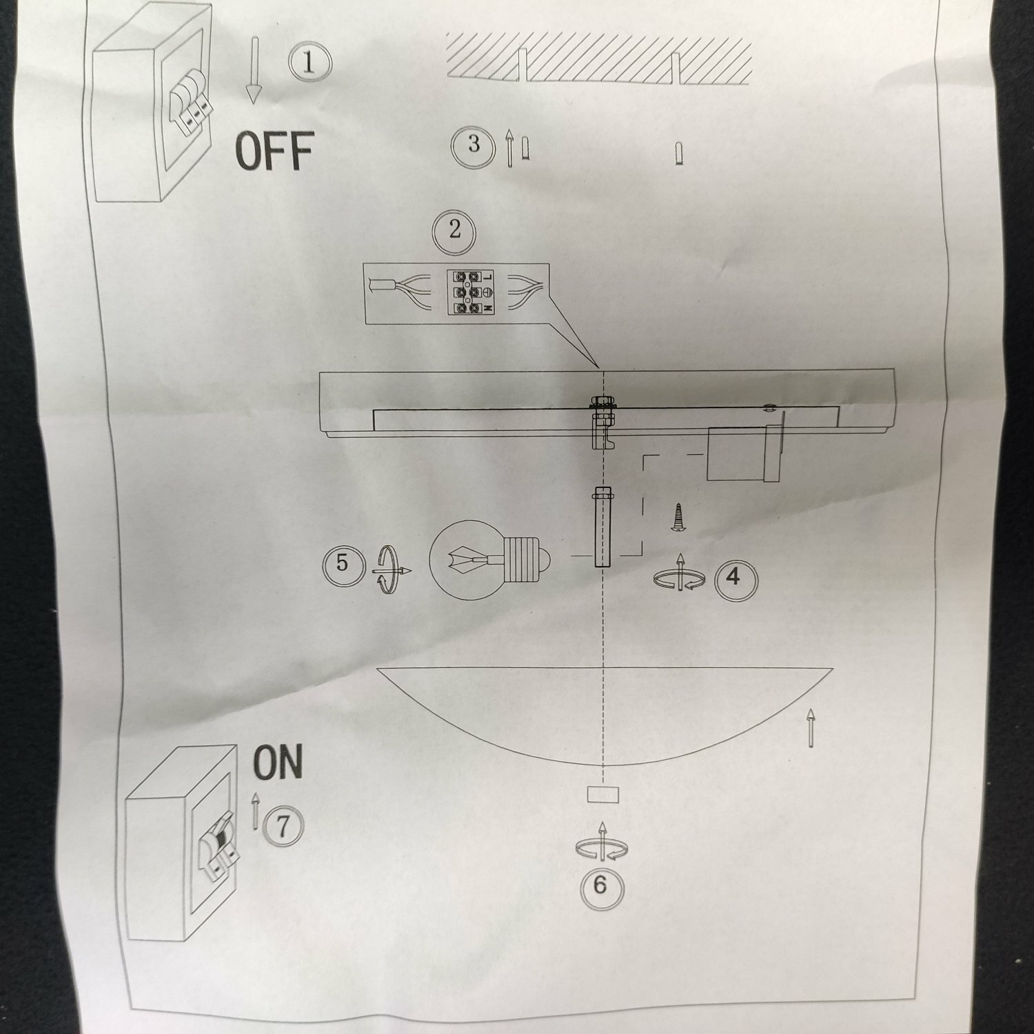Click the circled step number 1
click(309, 63)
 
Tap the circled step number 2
click(455, 230)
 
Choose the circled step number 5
click(343, 565)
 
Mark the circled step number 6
click(600, 884)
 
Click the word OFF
click(274, 151)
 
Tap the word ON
click(278, 762)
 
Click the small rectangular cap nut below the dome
click(602, 795)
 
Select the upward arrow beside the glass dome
click(811, 728)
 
